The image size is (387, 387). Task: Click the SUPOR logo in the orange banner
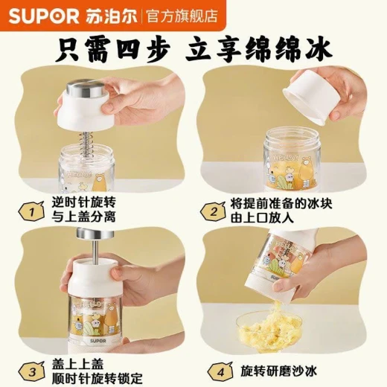[x=44, y=16]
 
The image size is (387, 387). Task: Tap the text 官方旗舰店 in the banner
[x=182, y=16]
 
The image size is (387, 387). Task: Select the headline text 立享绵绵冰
[x=260, y=50]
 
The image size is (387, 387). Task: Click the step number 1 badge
[x=31, y=211]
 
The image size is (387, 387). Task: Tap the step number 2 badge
[x=213, y=211]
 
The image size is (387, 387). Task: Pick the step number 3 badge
[x=31, y=372]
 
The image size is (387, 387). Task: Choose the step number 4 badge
[x=220, y=372]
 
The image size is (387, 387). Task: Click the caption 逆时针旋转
[x=83, y=202]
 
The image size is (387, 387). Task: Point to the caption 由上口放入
[x=263, y=217]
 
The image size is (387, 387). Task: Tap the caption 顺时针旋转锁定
[x=97, y=379]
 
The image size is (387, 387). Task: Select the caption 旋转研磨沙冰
[x=279, y=371]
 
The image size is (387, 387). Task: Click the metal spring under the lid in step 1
[x=86, y=144]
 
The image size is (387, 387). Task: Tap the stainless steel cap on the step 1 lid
[x=86, y=89]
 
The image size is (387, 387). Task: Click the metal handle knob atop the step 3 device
[x=95, y=233]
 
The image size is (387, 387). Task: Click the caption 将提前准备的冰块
[x=281, y=204]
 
